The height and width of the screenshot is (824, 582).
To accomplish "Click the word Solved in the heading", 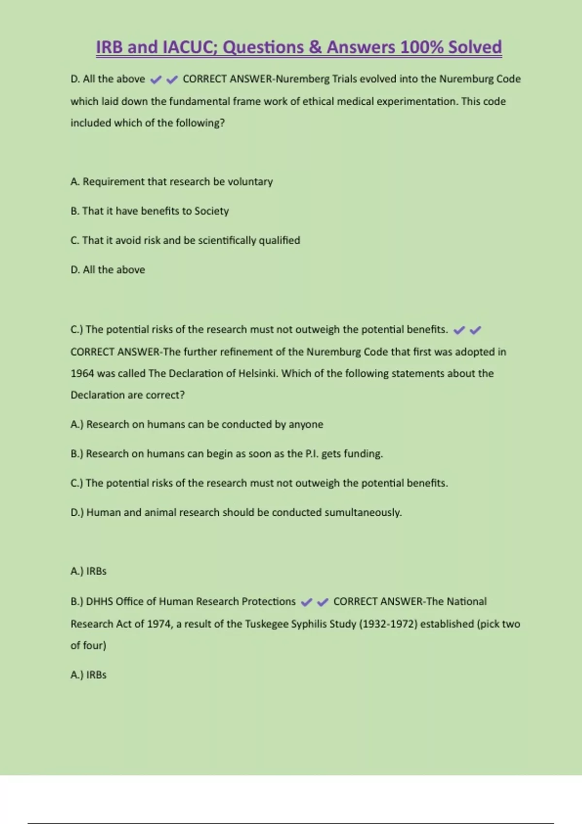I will pos(475,48).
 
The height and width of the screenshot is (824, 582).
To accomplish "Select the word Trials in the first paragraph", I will pos(344,79).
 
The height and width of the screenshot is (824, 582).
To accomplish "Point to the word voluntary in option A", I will pos(250,182).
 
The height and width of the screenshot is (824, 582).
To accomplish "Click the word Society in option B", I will pos(211,211).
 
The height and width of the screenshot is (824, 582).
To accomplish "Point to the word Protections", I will pos(268,602).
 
